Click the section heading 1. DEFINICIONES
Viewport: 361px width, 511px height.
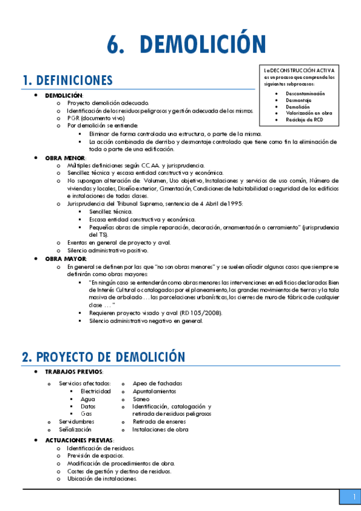click(x=67, y=80)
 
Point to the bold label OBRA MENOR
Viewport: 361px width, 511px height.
click(x=65, y=158)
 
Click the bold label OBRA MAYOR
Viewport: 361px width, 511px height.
click(x=65, y=259)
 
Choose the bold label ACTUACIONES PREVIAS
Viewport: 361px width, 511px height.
click(x=78, y=440)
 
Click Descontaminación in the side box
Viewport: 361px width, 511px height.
click(x=305, y=93)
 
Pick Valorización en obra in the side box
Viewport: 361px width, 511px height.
click(x=309, y=113)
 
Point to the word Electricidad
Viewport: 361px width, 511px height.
click(x=96, y=391)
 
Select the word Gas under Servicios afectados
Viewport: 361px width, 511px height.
click(x=86, y=414)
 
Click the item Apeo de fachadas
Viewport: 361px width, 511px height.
click(x=157, y=383)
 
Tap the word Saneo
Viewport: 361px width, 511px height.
click(x=142, y=399)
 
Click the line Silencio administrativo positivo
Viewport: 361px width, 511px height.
click(x=108, y=251)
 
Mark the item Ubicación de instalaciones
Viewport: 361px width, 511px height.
click(x=102, y=479)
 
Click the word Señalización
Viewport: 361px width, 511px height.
click(x=75, y=430)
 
